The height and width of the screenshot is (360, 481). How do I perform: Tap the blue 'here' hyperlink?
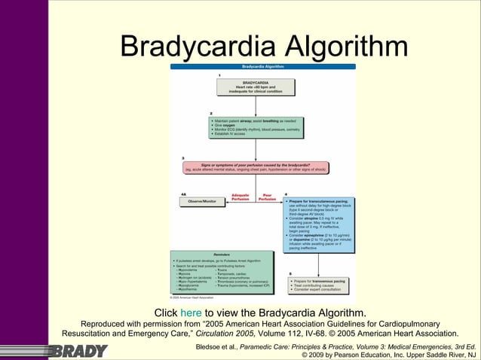[x=191, y=313]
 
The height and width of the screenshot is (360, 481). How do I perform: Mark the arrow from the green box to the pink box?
[x=256, y=150]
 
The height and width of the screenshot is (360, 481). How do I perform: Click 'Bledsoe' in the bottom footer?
[x=212, y=346]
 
